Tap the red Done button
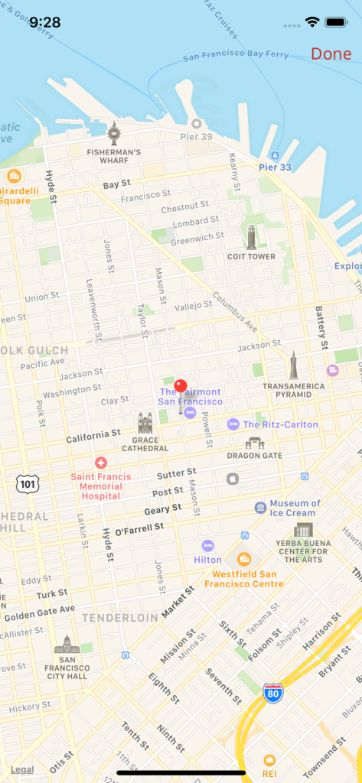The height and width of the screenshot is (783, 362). (x=331, y=54)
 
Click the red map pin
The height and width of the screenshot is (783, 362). (x=181, y=387)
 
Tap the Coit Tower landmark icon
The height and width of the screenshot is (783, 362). (x=251, y=236)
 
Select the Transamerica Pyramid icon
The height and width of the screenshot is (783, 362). (x=293, y=366)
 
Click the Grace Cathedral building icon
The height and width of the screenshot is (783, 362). (x=145, y=423)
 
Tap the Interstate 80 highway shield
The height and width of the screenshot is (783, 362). (x=272, y=694)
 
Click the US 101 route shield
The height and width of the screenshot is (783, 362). (x=27, y=483)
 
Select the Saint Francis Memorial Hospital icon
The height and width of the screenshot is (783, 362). (x=101, y=463)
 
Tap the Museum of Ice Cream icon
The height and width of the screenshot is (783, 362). (x=260, y=508)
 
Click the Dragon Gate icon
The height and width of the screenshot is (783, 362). (x=254, y=443)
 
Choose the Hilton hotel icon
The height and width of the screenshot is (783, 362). (x=207, y=546)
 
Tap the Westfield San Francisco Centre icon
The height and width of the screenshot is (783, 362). (x=243, y=559)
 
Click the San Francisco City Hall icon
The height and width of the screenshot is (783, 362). (x=67, y=645)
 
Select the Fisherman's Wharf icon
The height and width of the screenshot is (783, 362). (x=113, y=133)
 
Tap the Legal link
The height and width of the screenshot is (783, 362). (x=22, y=769)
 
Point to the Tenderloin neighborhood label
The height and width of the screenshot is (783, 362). (x=120, y=617)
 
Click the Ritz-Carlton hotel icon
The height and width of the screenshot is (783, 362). (x=233, y=424)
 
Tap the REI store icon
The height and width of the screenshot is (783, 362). (x=269, y=760)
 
